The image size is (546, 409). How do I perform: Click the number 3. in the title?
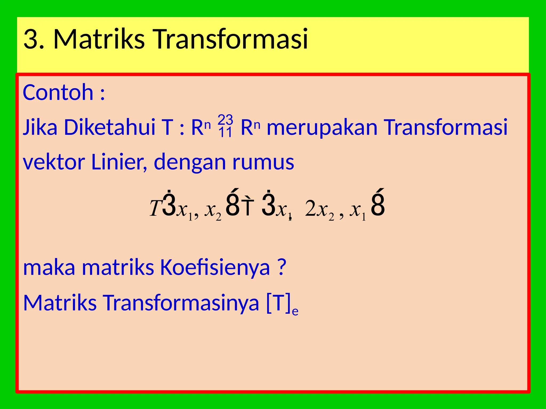(x=34, y=39)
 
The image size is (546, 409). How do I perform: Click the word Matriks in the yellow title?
(x=99, y=39)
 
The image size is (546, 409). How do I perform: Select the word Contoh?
(x=58, y=92)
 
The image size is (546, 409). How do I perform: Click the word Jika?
(x=40, y=127)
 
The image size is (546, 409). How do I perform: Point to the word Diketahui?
(x=110, y=127)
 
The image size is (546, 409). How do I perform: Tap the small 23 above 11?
(x=225, y=120)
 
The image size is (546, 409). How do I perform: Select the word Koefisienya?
(x=215, y=267)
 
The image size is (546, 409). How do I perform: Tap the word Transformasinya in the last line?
(x=181, y=303)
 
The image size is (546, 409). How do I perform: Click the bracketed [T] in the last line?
(x=278, y=303)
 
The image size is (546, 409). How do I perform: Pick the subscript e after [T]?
(x=295, y=311)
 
